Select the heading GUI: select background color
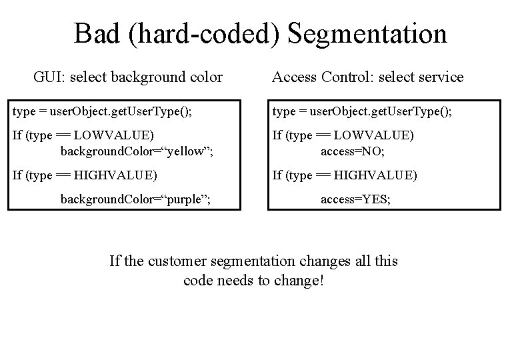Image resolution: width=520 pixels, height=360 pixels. click(x=128, y=77)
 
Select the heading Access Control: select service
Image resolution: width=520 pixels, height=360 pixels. click(x=367, y=77)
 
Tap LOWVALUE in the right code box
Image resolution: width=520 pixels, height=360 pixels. click(x=374, y=135)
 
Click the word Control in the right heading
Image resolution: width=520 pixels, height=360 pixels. click(x=351, y=77)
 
